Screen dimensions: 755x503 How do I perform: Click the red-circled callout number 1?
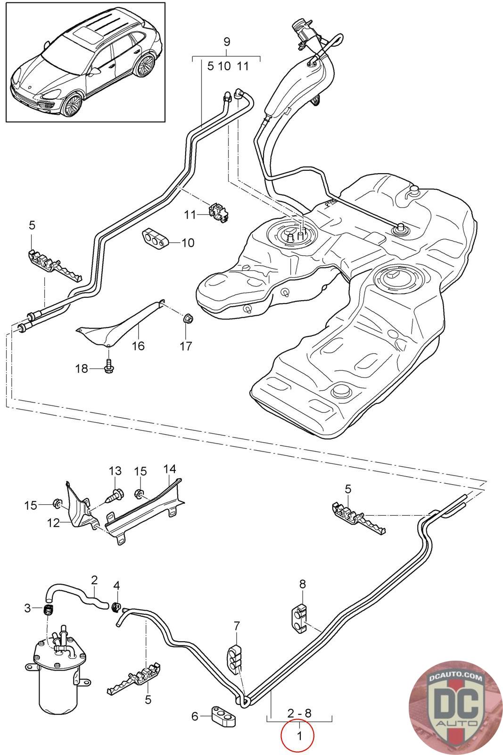(298, 735)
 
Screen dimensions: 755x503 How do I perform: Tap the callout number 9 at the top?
(227, 42)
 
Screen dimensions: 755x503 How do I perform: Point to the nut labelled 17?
(187, 317)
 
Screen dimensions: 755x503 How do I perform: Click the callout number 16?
(138, 345)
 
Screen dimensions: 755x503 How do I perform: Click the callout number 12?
(54, 522)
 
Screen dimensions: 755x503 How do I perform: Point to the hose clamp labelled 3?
(47, 609)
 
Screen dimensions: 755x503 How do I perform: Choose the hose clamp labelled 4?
(116, 605)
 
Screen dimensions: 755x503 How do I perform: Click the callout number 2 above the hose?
(94, 579)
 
